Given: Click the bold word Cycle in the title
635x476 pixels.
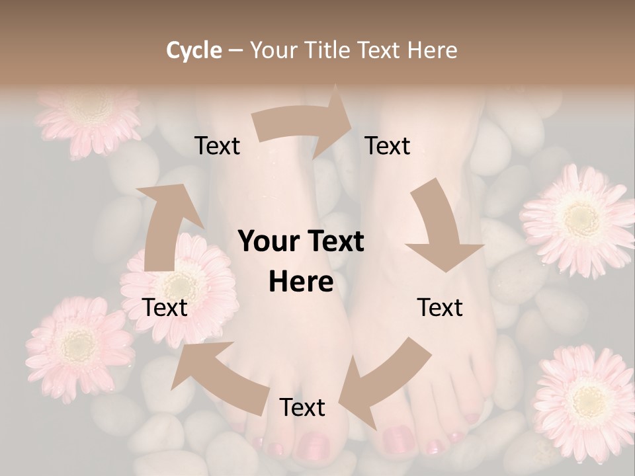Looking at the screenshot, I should click(194, 50).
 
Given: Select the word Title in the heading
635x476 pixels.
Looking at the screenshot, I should click(329, 50).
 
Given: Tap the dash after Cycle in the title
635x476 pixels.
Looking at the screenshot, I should click(235, 51).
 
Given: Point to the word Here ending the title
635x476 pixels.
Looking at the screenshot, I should click(433, 50).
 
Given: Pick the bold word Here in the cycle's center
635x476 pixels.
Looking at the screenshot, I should click(301, 282).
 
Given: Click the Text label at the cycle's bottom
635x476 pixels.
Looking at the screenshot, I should click(302, 408).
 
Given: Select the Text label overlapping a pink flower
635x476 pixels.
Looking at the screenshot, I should click(165, 307).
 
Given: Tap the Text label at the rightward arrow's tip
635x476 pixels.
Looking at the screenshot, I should click(388, 146).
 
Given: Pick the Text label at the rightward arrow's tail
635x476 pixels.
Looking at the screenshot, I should click(217, 146).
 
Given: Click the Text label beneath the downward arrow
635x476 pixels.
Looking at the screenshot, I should click(440, 307).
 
